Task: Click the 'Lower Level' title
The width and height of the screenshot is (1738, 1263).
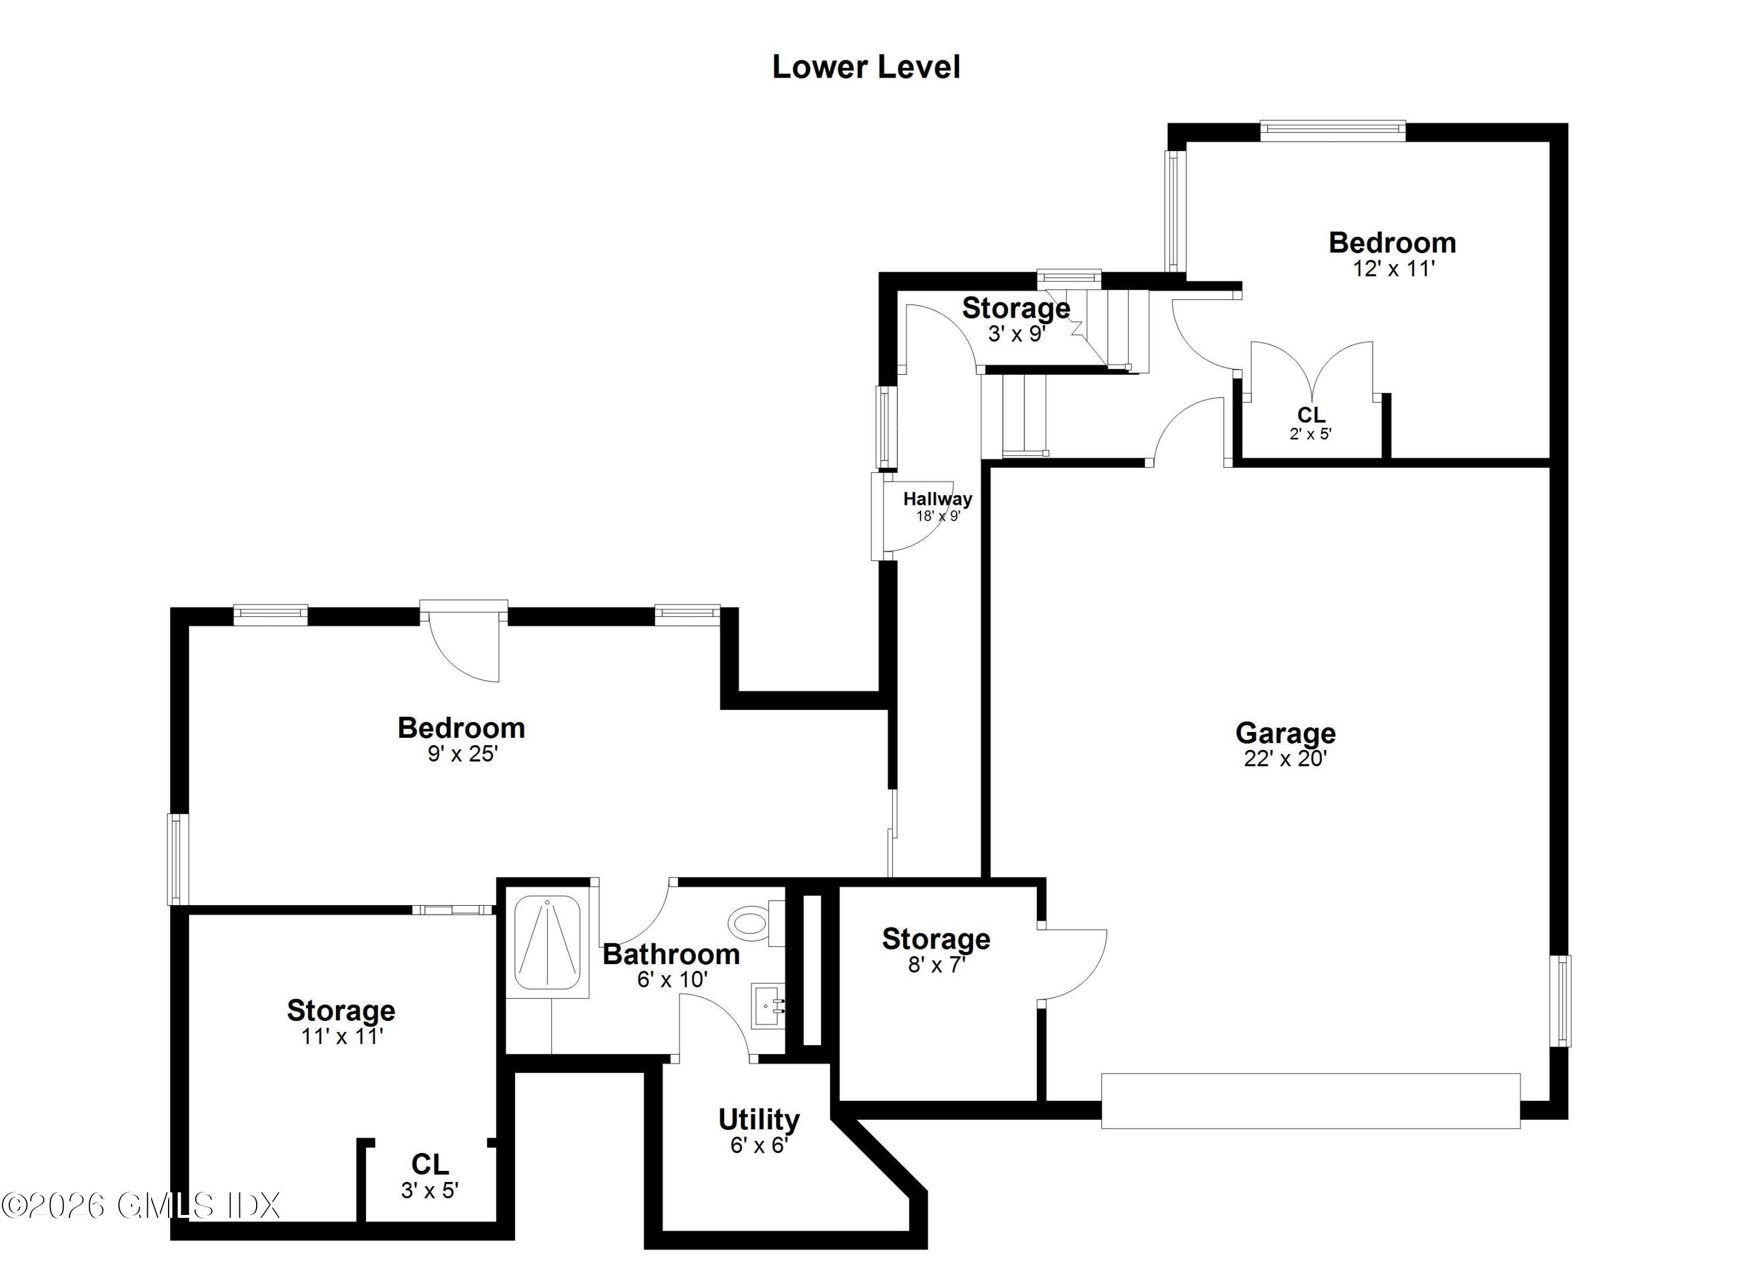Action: coord(866,67)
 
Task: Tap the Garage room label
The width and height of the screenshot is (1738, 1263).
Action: coord(1285,733)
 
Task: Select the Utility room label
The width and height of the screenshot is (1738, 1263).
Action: coord(759,1120)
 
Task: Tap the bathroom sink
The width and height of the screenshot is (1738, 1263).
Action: coord(768,1005)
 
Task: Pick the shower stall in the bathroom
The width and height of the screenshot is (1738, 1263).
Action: coord(547,942)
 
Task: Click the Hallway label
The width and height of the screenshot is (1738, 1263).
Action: coord(937,499)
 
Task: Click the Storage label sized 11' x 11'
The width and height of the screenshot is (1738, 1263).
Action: coord(341,1011)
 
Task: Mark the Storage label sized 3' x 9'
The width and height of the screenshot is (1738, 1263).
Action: coord(1016,308)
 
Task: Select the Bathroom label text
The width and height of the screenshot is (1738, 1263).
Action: coord(671,954)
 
